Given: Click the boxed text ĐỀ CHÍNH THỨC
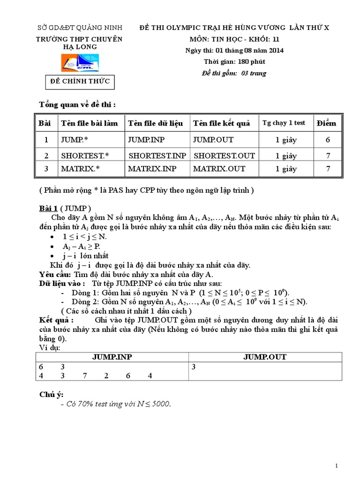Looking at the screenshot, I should tap(80, 82).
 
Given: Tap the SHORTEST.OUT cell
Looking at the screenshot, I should tap(224, 156).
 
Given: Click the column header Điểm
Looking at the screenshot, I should tap(326, 123).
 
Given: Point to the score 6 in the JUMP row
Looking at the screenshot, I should tap(328, 140).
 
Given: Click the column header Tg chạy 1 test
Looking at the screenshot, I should tap(283, 123).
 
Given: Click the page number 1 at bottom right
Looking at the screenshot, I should tap(337, 465).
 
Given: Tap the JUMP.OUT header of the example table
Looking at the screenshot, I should tap(264, 357).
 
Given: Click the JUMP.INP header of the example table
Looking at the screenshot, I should tap(112, 357).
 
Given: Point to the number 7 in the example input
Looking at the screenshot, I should tap(84, 375).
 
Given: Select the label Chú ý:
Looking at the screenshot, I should tap(51, 395).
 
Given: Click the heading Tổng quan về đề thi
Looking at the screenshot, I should tap(77, 105).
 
